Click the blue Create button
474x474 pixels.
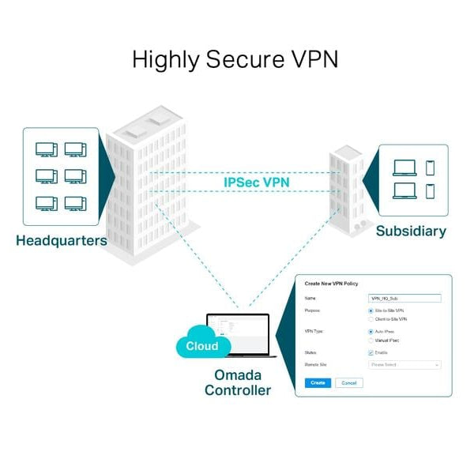tap(318, 382)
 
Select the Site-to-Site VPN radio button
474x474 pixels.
tap(371, 311)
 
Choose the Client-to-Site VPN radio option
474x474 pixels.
tap(371, 319)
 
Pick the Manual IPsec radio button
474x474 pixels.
tap(371, 340)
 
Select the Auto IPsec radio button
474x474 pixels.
tap(371, 332)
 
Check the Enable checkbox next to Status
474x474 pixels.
tap(371, 352)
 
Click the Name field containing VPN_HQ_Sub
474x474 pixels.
tap(404, 299)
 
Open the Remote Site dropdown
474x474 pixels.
tap(404, 365)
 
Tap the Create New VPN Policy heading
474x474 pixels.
tap(331, 283)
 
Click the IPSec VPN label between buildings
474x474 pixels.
tap(257, 182)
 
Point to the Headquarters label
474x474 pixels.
tap(61, 240)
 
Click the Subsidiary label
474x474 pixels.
tap(411, 231)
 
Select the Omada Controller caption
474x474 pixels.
tap(238, 382)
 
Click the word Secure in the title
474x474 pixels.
tap(235, 60)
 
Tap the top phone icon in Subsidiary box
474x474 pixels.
tap(431, 167)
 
